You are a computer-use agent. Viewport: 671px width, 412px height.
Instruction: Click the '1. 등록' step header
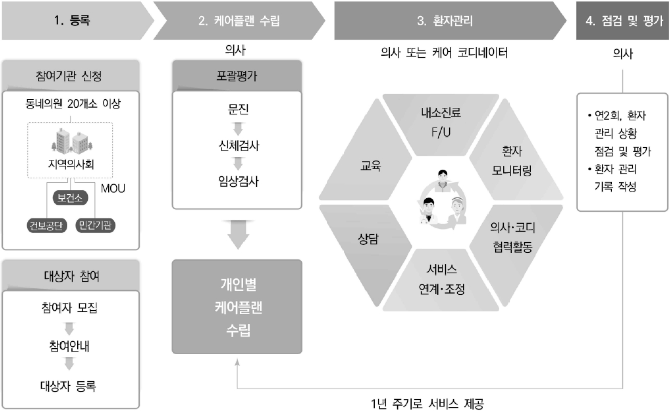pyautogui.click(x=77, y=20)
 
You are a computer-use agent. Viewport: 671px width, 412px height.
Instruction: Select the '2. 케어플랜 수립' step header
pyautogui.click(x=239, y=20)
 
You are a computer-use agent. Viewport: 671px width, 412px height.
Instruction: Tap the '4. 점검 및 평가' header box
pyautogui.click(x=623, y=20)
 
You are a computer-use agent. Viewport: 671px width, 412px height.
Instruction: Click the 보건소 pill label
pyautogui.click(x=71, y=198)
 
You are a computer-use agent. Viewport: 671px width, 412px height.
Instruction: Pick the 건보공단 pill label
pyautogui.click(x=46, y=225)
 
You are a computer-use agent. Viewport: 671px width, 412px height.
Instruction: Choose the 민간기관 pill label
pyautogui.click(x=96, y=225)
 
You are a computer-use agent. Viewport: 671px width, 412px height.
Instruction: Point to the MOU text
pyautogui.click(x=113, y=189)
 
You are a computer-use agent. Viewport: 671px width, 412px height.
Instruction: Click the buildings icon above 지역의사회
pyautogui.click(x=72, y=141)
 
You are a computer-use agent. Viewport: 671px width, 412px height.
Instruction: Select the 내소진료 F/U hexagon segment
pyautogui.click(x=441, y=124)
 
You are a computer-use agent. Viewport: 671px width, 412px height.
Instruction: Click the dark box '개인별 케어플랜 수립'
pyautogui.click(x=237, y=307)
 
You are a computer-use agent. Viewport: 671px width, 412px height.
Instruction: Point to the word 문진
pyautogui.click(x=238, y=109)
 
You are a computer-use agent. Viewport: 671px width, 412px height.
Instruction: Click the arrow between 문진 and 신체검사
pyautogui.click(x=238, y=129)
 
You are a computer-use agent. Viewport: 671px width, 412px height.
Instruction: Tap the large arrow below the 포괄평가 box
pyautogui.click(x=238, y=235)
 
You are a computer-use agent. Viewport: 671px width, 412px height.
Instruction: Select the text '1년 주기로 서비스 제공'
pyautogui.click(x=427, y=404)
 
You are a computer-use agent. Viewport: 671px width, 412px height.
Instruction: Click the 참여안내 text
pyautogui.click(x=69, y=346)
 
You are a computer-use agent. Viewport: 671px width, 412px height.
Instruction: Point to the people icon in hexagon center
pyautogui.click(x=443, y=199)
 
